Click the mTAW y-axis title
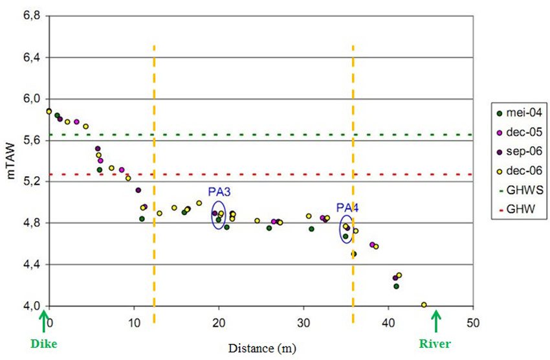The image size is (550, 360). pyautogui.click(x=12, y=161)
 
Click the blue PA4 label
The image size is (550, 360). pyautogui.click(x=347, y=208)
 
